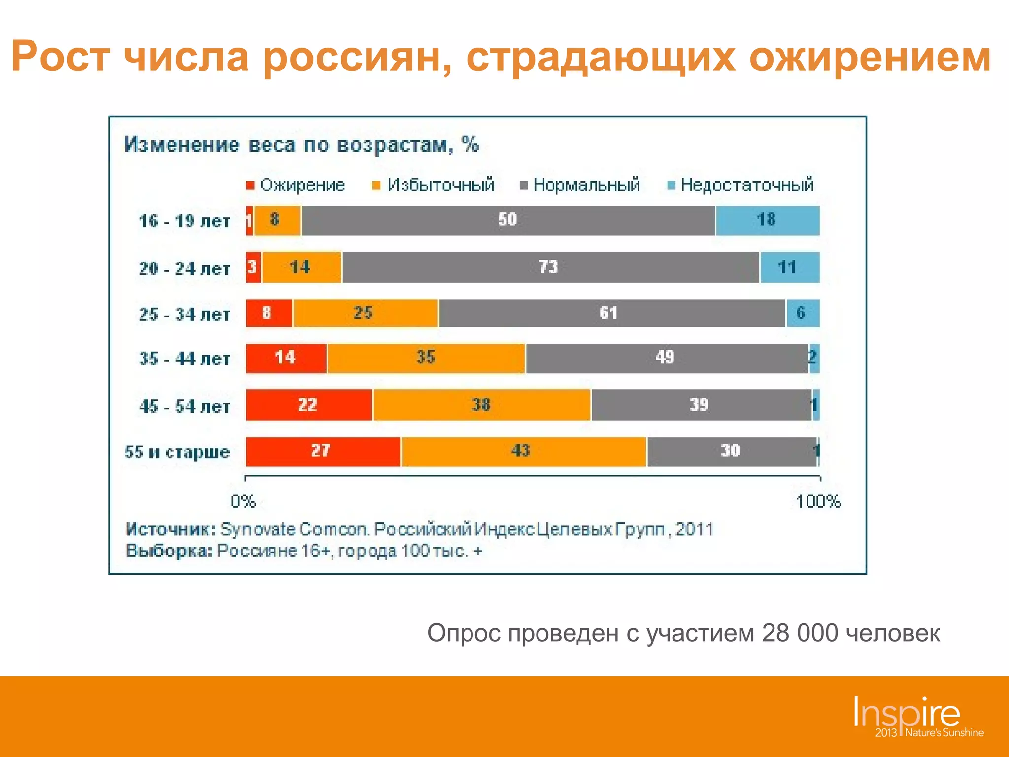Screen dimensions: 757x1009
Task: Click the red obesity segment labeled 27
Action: click(x=323, y=451)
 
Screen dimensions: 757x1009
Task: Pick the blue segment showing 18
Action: click(x=767, y=220)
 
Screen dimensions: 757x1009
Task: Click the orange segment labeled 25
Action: click(x=365, y=313)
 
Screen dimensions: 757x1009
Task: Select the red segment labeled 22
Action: click(x=309, y=405)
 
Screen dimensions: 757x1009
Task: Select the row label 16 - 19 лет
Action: click(x=184, y=221)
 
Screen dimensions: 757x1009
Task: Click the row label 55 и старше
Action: click(x=177, y=452)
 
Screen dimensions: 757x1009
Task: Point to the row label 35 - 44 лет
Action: click(x=184, y=359)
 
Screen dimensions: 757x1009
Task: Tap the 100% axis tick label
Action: click(x=818, y=502)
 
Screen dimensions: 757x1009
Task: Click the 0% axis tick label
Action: click(x=243, y=502)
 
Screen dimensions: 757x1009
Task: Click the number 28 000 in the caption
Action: click(x=799, y=633)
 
